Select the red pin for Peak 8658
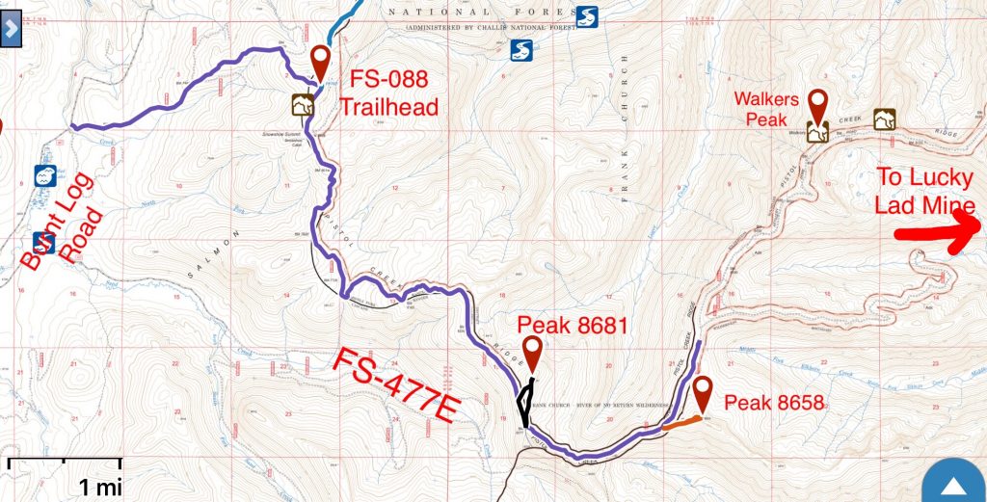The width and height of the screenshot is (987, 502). (703, 391)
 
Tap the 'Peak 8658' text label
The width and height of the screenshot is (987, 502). (774, 403)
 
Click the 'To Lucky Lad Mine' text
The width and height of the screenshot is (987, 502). (924, 191)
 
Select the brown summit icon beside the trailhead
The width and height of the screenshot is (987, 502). (303, 104)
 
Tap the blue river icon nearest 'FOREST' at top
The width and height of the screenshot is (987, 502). (587, 16)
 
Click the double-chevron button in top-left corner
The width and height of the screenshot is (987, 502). (11, 28)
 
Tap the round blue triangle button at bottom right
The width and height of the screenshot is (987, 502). (952, 483)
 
